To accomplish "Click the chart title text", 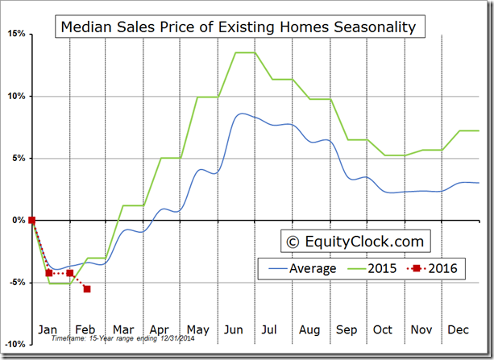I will tap(239, 27).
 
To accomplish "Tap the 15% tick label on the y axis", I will tap(15, 34).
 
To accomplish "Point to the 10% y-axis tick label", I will tap(15, 96).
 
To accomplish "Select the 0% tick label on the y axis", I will tap(17, 220).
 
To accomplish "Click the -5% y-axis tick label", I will tap(15, 282).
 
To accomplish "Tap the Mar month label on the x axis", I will tap(122, 329).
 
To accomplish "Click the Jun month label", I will tap(235, 329).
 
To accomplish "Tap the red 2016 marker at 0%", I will tap(31, 220).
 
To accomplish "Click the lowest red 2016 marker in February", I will tap(87, 288).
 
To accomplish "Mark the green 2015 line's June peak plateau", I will tap(245, 52).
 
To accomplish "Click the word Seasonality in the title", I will tap(372, 27).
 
